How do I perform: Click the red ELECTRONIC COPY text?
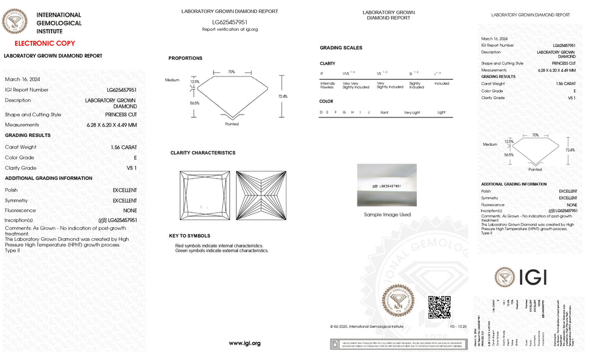click(44, 43)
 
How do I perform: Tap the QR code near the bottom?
click(439, 307)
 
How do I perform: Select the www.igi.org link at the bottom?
click(244, 343)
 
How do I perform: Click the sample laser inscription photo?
click(387, 185)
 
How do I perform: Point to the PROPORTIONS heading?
click(185, 58)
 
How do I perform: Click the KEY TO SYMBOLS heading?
click(189, 236)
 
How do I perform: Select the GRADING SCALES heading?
click(340, 47)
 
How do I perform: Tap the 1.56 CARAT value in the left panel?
click(123, 147)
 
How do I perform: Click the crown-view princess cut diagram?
click(205, 196)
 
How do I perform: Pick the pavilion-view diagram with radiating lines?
click(261, 196)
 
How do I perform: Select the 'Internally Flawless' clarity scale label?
click(328, 85)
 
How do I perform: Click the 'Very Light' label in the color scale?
click(412, 112)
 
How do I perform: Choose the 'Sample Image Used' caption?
click(387, 215)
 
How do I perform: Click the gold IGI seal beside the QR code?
click(398, 302)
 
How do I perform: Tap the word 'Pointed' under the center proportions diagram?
click(232, 124)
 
